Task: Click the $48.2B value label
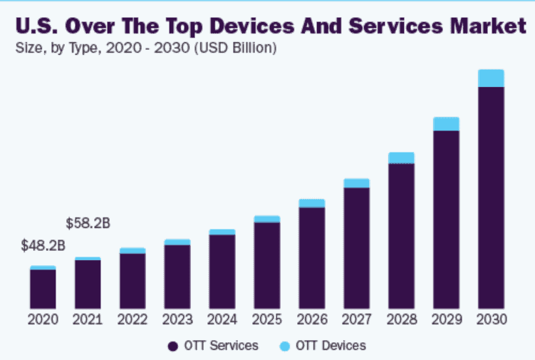pyautogui.click(x=43, y=247)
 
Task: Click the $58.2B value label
pyautogui.click(x=88, y=223)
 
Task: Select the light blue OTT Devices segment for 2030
pyautogui.click(x=491, y=78)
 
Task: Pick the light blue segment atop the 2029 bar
pyautogui.click(x=446, y=124)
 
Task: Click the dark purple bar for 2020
pyautogui.click(x=43, y=289)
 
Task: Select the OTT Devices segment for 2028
pyautogui.click(x=401, y=158)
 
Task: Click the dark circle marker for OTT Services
pyautogui.click(x=172, y=346)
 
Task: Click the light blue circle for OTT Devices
pyautogui.click(x=285, y=346)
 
